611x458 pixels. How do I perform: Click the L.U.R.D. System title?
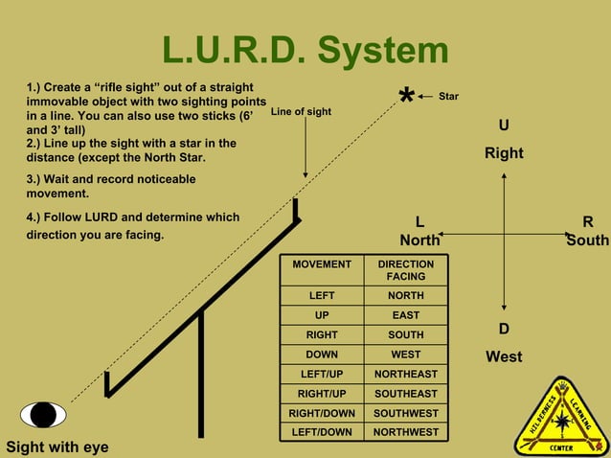305,51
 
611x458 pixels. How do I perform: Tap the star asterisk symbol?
406,98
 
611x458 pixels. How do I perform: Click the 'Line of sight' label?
302,112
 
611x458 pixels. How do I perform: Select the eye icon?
43,415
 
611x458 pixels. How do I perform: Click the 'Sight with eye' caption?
57,447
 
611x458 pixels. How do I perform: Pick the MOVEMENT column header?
322,264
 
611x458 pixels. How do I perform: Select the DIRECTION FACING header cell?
405,270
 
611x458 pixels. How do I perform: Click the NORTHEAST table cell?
405,374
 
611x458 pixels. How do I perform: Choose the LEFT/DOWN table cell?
322,432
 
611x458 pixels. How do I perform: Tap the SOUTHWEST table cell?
405,413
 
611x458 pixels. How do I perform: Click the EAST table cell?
405,315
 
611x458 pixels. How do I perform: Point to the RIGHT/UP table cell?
322,393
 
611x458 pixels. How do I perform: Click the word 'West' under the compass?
504,356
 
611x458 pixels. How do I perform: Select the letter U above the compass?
504,126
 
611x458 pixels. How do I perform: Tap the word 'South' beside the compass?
587,240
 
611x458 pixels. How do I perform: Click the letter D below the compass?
504,330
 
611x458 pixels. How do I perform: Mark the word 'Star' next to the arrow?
448,97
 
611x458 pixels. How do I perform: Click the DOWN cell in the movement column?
322,355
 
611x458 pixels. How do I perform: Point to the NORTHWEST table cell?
405,432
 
